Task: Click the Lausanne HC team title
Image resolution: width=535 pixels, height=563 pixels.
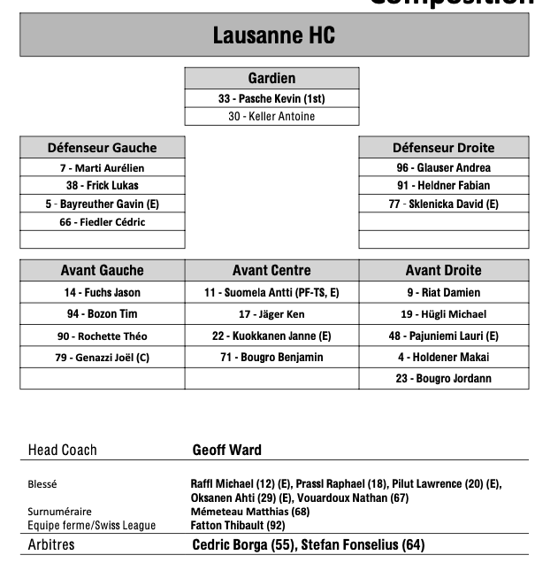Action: point(273,35)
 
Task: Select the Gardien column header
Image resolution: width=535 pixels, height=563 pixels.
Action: point(271,79)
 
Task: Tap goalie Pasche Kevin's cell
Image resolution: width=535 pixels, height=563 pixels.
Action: point(271,98)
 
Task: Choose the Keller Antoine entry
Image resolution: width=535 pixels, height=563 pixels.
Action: point(271,116)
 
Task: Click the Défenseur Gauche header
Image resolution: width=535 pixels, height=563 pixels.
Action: point(102,148)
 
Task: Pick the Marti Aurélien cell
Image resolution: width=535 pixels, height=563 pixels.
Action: point(102,167)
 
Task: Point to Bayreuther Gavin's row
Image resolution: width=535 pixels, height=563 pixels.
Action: point(102,204)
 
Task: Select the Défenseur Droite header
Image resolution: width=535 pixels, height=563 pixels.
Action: point(443,148)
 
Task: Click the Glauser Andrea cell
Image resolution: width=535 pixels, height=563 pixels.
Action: point(443,167)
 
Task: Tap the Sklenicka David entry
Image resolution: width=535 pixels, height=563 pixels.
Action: point(443,204)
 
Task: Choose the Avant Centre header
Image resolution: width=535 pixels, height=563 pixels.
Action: point(271,271)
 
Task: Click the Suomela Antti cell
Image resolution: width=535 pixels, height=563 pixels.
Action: point(271,292)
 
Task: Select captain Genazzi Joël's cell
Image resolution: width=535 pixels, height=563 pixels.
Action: point(102,358)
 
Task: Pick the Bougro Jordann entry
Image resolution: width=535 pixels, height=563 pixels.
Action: point(443,379)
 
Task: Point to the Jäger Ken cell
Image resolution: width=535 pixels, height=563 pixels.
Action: point(271,314)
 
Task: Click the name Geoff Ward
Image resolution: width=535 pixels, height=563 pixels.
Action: point(227,451)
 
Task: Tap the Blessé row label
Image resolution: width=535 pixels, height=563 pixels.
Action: point(42,484)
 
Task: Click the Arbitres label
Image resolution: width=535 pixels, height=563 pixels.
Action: point(51,544)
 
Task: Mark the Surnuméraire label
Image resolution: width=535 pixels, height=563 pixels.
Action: point(59,512)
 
